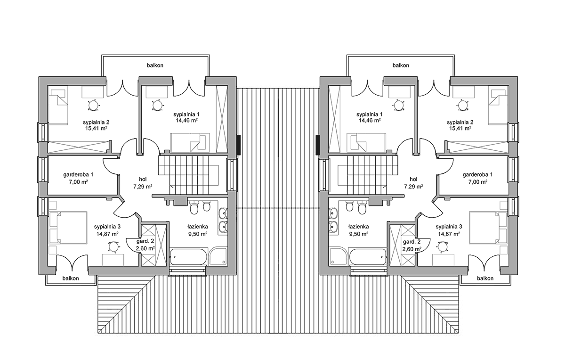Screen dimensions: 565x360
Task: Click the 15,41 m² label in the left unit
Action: [97, 128]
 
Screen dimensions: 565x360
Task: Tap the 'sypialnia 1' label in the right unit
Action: [370, 114]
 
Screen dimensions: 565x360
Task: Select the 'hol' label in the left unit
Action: [143, 179]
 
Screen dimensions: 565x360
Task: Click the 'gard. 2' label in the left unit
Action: [145, 242]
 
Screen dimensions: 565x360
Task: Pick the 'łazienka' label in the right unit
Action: [359, 227]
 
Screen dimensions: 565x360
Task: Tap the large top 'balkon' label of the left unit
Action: [155, 65]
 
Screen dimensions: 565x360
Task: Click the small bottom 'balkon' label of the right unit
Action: [485, 278]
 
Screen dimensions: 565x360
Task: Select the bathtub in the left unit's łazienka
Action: [188, 257]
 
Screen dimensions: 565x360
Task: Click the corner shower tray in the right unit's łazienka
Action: [338, 256]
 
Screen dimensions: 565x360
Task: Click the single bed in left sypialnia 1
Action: [190, 142]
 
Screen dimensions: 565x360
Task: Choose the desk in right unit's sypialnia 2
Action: [463, 92]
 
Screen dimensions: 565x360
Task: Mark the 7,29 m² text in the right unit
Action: [413, 187]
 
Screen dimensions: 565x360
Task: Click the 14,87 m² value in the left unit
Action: [107, 234]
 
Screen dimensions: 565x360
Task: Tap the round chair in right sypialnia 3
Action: [443, 246]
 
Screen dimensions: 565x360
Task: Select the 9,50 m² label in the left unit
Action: [198, 234]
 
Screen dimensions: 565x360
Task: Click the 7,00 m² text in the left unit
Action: [78, 182]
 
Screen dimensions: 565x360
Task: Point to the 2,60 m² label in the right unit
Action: [412, 249]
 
